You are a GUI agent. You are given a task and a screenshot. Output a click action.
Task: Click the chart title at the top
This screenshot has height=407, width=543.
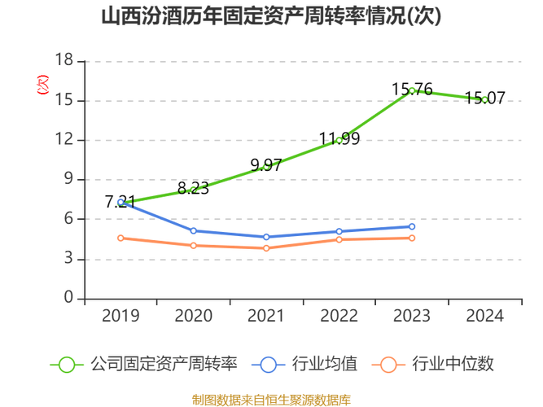click(271, 15)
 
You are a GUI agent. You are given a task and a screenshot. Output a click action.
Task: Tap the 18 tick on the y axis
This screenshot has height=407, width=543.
click(65, 59)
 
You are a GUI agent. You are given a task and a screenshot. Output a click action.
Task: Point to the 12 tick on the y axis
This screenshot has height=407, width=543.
click(65, 139)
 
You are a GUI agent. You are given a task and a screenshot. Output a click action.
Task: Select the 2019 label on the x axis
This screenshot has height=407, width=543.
click(120, 316)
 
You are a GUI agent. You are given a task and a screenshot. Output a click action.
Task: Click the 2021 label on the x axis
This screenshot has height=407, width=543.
click(266, 316)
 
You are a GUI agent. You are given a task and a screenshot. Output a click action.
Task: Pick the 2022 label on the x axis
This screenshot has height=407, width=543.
click(339, 316)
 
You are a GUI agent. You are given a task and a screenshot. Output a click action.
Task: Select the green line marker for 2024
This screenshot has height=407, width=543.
click(484, 99)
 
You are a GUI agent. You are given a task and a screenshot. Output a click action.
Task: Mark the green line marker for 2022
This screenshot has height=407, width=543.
click(339, 140)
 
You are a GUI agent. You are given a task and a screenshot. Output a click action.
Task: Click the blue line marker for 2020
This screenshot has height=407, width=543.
click(193, 231)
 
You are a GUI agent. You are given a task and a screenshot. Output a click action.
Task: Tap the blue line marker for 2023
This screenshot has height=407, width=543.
click(412, 226)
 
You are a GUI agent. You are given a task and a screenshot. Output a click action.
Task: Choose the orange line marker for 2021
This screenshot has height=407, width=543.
click(266, 248)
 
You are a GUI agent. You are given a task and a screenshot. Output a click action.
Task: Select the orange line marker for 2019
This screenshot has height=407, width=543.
click(120, 238)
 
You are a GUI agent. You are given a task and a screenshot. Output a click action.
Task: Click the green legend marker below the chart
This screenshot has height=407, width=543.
click(66, 364)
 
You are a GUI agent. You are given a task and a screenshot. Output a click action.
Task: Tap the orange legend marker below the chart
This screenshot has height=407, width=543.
click(388, 364)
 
